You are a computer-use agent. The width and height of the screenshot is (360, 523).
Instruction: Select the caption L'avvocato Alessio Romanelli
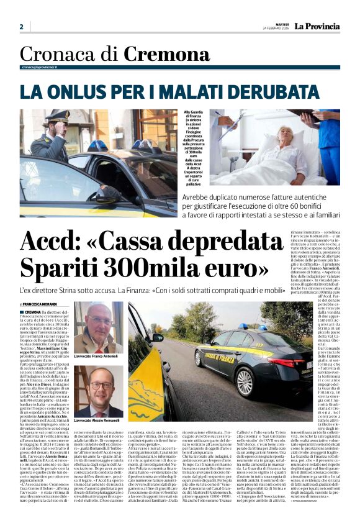click(98, 421)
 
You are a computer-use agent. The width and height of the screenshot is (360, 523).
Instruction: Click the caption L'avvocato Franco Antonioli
click(98, 357)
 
